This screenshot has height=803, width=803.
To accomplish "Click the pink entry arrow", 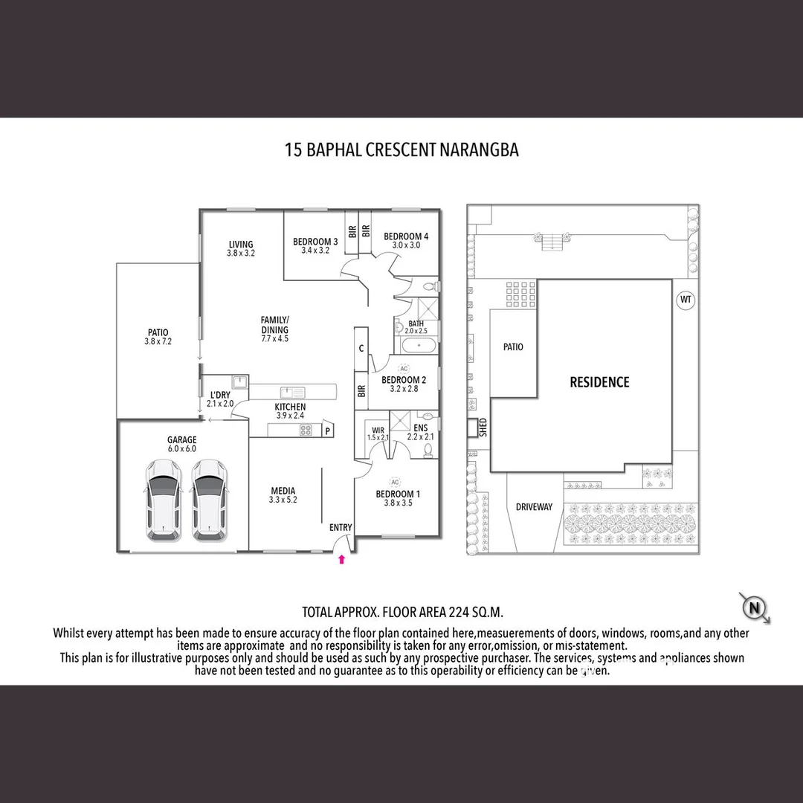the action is pyautogui.click(x=342, y=559).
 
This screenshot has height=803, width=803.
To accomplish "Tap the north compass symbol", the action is pyautogui.click(x=755, y=608).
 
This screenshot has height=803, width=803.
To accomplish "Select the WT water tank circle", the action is pyautogui.click(x=685, y=300).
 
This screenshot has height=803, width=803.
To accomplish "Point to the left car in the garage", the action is pyautogui.click(x=162, y=500).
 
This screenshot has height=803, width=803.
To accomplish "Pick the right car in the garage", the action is pyautogui.click(x=210, y=500).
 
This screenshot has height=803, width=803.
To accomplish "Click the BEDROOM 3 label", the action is pyautogui.click(x=315, y=242).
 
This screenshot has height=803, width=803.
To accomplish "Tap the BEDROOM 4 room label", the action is pyautogui.click(x=406, y=236).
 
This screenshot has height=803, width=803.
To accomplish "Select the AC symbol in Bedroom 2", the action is pyautogui.click(x=404, y=369).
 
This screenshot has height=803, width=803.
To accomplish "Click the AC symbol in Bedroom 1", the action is pyautogui.click(x=395, y=482).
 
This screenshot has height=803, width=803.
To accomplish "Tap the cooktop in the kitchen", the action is pyautogui.click(x=306, y=430).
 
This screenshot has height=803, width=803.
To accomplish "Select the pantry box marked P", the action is pyautogui.click(x=328, y=429).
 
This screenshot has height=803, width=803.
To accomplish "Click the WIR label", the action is pyautogui.click(x=378, y=430).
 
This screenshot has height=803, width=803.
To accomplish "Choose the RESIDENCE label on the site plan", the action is pyautogui.click(x=599, y=382).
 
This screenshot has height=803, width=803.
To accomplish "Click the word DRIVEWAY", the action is pyautogui.click(x=534, y=507).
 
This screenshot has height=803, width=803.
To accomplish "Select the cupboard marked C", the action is pyautogui.click(x=361, y=348).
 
